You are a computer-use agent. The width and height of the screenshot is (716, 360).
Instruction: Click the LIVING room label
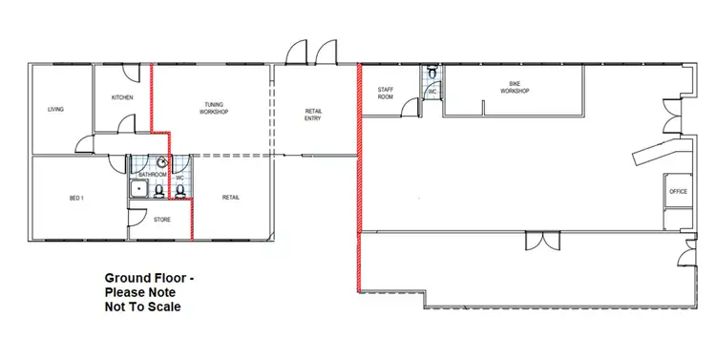coord(55,110)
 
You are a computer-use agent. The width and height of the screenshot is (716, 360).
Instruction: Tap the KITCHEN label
coord(122,98)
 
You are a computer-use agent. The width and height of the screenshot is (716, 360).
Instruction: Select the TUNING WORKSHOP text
coord(214,108)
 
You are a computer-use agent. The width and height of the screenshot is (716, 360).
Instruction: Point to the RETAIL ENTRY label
coord(313,115)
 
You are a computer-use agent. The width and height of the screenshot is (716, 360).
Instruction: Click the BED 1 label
coord(77,198)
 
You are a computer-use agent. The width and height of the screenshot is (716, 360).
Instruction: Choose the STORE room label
coord(162,221)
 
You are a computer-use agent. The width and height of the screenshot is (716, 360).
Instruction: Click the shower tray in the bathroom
coord(140,191)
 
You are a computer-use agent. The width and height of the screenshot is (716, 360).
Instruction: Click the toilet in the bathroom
coord(159,191)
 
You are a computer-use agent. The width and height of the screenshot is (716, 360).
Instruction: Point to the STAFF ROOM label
coord(386,94)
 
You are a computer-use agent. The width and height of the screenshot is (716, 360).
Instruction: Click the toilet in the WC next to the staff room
coord(433,73)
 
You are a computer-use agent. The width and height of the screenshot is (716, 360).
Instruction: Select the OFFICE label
coord(679,192)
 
